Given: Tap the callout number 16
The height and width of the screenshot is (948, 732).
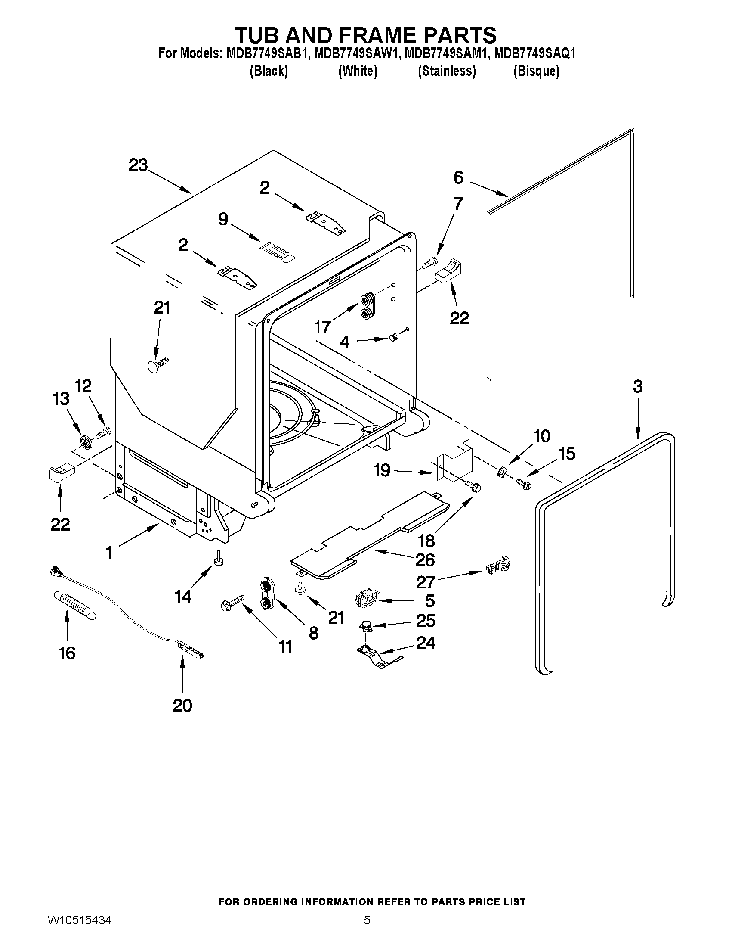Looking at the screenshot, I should tap(67, 653).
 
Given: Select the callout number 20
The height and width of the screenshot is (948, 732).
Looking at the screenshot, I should tap(182, 706).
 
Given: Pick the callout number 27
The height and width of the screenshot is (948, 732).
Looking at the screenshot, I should tap(426, 582).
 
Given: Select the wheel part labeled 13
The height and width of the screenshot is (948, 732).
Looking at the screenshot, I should tap(87, 442).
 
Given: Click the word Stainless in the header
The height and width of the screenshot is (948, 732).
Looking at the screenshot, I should tap(447, 71).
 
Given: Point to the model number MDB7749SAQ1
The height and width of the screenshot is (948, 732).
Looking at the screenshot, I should tap(534, 53).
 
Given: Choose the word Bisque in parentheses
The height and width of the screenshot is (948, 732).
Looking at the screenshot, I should tap(536, 71).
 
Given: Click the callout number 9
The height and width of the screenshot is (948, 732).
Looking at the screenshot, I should tap(222, 219).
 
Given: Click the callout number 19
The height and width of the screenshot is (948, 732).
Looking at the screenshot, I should tap(382, 470).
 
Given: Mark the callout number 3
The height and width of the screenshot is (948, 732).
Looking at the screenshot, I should tap(637, 386).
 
